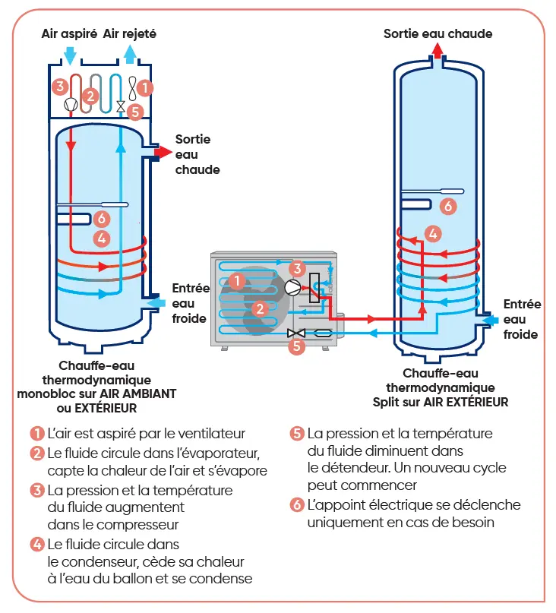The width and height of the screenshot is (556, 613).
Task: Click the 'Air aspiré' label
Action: (69, 34)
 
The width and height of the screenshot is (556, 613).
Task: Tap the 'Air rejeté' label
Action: (130, 34)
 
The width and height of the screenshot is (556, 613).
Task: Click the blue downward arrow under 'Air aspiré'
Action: (70, 55)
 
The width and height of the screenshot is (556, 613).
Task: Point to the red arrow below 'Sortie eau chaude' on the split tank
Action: (438, 50)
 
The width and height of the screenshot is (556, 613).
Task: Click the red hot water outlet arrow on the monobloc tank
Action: (162, 153)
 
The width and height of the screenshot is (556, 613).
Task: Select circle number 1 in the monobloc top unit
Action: (146, 88)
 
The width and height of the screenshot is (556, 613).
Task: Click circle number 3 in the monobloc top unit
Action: (60, 86)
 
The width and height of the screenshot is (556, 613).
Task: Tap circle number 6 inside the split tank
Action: (448, 206)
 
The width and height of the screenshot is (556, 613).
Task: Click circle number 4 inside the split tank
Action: (432, 233)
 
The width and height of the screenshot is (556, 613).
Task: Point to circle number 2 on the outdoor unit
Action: (261, 308)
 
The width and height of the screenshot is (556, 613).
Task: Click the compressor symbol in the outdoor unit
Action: (292, 288)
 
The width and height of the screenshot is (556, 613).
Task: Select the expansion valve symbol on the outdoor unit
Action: (295, 333)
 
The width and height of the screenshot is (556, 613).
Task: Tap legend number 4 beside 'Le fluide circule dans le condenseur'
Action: (36, 544)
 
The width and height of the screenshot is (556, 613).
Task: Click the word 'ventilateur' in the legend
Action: (210, 434)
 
